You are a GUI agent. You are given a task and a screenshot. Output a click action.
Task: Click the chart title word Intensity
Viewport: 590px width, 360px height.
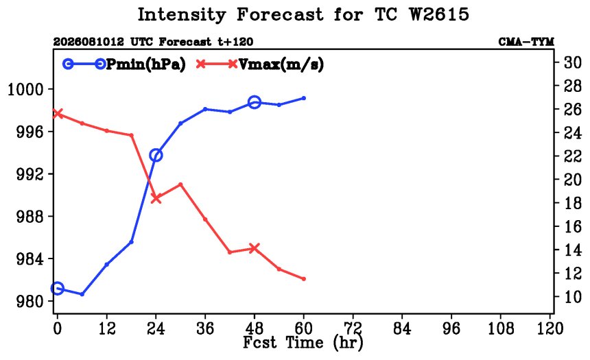click(182, 15)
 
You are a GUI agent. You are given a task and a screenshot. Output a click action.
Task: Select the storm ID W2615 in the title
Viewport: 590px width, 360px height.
click(439, 14)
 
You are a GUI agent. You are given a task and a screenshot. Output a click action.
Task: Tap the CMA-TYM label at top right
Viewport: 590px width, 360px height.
click(526, 41)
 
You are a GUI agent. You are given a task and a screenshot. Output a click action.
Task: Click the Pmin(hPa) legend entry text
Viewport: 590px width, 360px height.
click(146, 64)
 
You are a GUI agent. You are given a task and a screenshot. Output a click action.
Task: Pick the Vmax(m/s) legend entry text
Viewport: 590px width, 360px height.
click(281, 64)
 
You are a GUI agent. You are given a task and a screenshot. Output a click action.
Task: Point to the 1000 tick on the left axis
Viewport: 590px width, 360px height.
click(26, 90)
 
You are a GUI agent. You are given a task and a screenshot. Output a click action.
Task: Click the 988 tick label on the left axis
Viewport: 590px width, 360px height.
click(30, 217)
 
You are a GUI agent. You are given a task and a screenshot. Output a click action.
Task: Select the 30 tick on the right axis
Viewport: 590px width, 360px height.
click(572, 62)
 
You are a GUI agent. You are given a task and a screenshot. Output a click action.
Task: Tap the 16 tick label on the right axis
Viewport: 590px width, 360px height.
click(572, 226)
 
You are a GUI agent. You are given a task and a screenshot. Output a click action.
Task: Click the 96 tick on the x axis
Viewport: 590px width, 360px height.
click(451, 328)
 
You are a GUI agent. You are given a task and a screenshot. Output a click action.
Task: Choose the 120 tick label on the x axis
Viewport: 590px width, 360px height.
click(550, 328)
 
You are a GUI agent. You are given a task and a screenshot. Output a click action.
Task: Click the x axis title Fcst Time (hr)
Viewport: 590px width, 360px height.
click(303, 343)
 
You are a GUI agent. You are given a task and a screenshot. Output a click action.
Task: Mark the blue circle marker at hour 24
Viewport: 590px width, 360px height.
click(156, 155)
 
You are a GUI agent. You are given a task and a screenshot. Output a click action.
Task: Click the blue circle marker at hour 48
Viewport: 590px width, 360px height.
click(255, 102)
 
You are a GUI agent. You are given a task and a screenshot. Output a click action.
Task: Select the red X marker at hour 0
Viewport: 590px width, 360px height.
click(57, 113)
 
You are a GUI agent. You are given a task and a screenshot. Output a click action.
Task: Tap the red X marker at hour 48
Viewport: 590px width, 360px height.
click(255, 248)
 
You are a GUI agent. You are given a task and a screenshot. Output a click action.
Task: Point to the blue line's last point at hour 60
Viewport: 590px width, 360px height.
click(304, 98)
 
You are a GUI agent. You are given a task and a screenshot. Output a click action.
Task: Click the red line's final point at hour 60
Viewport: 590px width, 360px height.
click(304, 279)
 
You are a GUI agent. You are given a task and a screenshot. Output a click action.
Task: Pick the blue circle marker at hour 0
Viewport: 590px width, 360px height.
click(57, 289)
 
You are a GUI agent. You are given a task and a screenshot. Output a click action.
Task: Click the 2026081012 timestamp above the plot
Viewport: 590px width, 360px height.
click(88, 41)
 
